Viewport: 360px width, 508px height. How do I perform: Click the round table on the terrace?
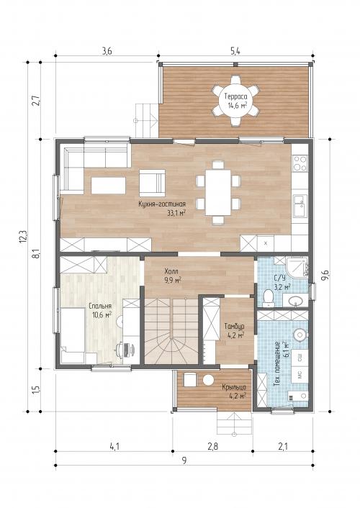(235, 101)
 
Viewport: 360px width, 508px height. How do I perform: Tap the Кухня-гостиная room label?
(162, 204)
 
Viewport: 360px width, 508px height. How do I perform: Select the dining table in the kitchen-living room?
(218, 192)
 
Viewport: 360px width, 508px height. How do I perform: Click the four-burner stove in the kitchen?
(300, 163)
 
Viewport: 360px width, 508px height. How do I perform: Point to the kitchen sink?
(300, 206)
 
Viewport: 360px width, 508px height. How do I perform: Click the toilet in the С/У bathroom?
(269, 298)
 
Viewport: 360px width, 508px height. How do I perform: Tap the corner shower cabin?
(297, 267)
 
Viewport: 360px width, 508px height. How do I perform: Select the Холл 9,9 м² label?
(173, 276)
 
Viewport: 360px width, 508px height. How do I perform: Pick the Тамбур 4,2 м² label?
(234, 330)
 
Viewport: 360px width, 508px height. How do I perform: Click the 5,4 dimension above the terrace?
(235, 51)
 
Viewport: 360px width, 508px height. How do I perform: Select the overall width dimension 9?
(184, 461)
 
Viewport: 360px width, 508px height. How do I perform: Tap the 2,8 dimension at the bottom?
(212, 446)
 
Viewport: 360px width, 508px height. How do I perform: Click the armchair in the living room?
(152, 183)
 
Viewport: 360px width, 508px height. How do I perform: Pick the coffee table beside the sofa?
(108, 186)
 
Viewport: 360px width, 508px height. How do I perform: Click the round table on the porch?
(208, 380)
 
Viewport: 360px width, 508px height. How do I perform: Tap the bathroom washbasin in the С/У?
(295, 301)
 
